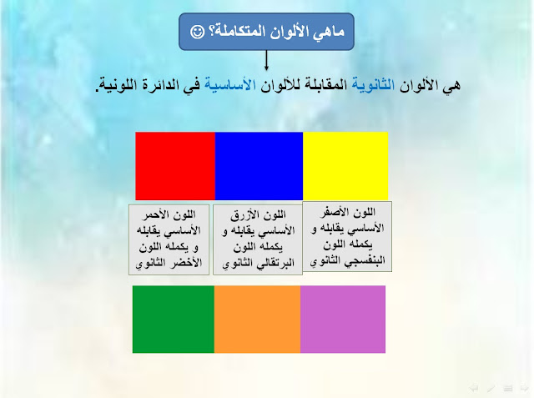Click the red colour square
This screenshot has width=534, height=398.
(175, 166)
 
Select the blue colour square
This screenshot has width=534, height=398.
(259, 166)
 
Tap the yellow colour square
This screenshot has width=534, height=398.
(345, 166)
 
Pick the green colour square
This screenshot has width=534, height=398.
(174, 319)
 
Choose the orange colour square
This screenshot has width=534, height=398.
(257, 319)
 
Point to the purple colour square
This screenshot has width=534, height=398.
(343, 319)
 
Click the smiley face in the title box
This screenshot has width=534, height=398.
(197, 32)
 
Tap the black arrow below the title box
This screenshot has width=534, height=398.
(266, 60)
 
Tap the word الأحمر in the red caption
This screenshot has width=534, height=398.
(155, 214)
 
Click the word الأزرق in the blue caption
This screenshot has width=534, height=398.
(243, 214)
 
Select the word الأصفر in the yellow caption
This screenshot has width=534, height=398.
(334, 213)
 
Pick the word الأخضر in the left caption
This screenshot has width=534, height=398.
(188, 263)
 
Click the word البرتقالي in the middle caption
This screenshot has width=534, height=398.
(276, 263)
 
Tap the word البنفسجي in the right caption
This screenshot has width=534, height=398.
(365, 261)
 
